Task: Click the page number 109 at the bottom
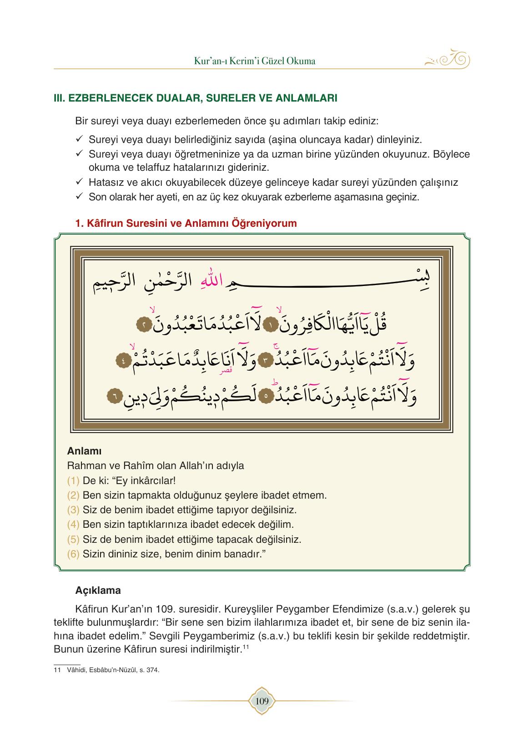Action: tap(262, 701)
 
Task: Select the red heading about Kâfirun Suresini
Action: tap(186, 224)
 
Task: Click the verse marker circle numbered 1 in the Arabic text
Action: tap(269, 326)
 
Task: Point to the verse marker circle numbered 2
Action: tap(143, 326)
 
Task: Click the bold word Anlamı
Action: tap(84, 451)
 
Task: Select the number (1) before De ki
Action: tap(73, 481)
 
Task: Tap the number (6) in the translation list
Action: tap(73, 554)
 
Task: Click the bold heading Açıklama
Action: tap(98, 591)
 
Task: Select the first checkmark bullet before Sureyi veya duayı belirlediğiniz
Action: tap(79, 139)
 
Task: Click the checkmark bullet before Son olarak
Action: tap(79, 197)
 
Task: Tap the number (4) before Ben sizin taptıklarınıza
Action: tap(73, 525)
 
